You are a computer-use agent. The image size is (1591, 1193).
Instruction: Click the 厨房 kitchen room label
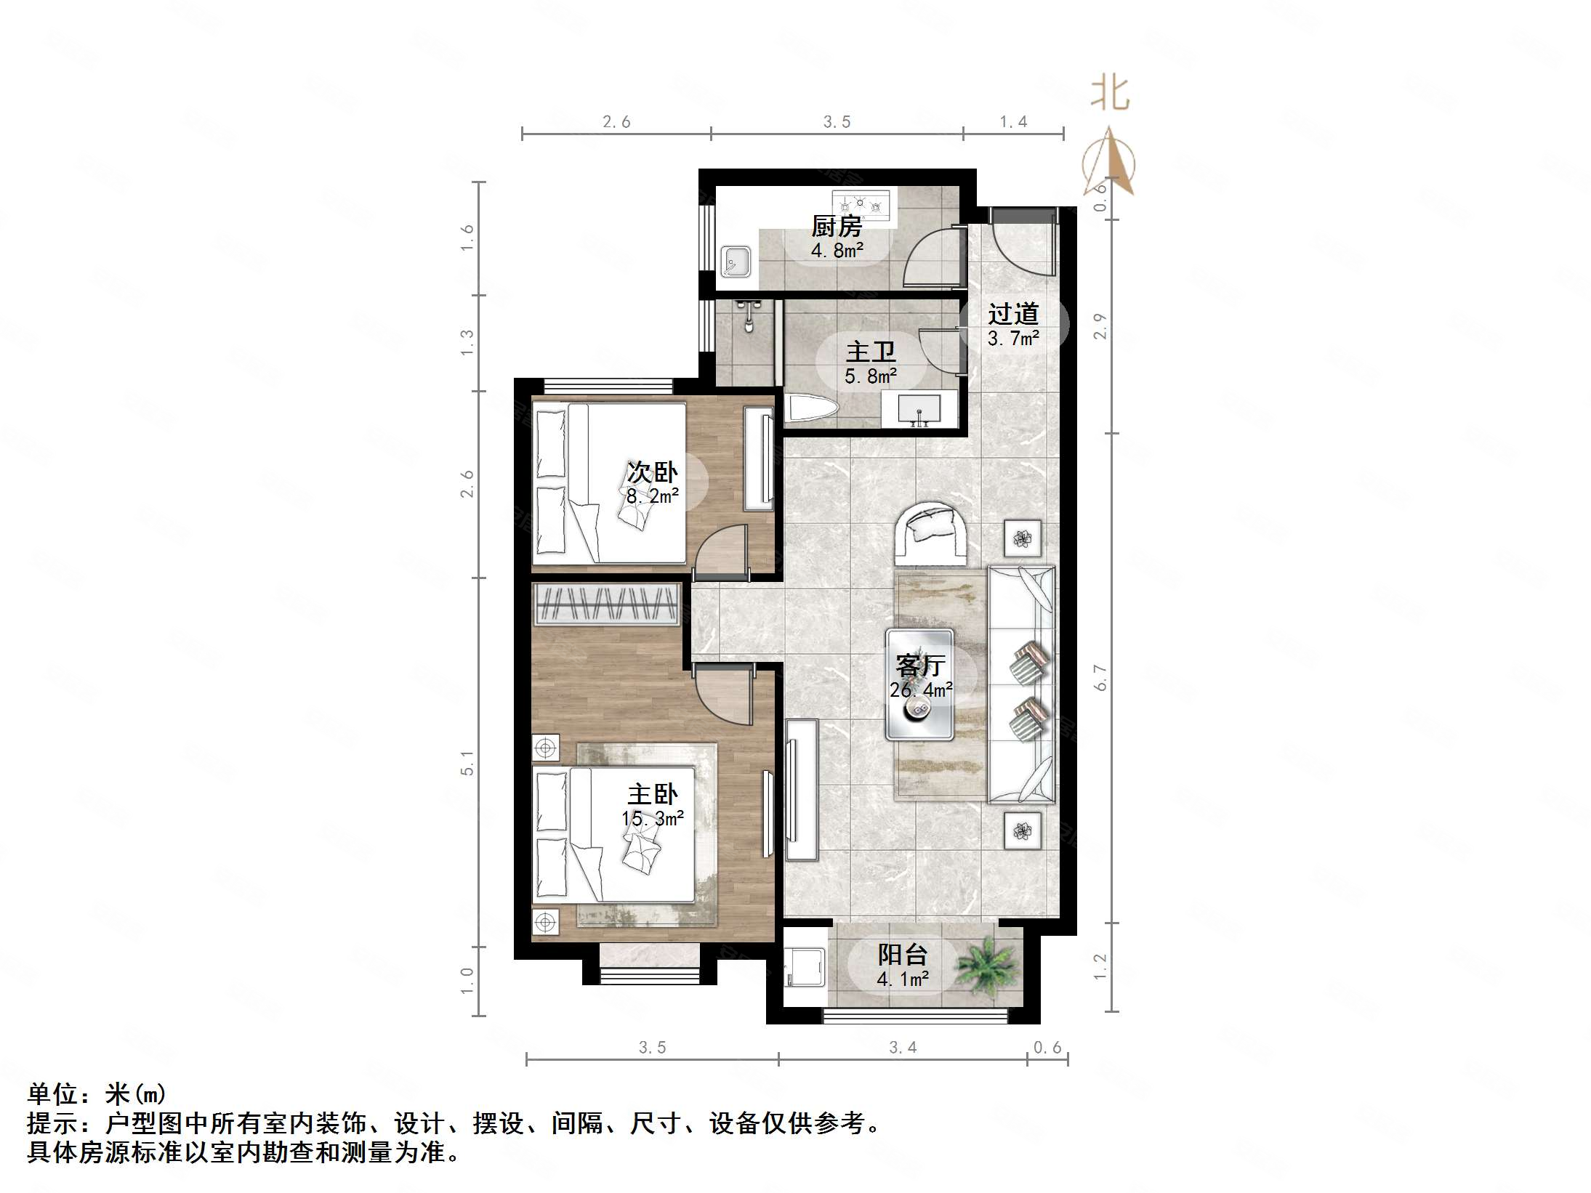tap(837, 227)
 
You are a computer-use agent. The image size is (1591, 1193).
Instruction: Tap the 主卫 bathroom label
tap(870, 352)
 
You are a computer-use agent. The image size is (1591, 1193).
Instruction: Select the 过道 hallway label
tap(1013, 314)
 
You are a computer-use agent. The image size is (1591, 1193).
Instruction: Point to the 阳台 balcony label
tap(903, 955)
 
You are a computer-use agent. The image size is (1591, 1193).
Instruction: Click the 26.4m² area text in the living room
tap(921, 689)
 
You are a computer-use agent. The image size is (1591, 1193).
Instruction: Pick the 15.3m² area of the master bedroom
tap(653, 819)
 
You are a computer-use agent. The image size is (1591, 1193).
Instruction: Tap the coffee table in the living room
tap(919, 684)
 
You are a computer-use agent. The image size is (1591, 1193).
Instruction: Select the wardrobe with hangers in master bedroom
tap(607, 604)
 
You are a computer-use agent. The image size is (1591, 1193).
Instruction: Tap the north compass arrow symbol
tap(1110, 161)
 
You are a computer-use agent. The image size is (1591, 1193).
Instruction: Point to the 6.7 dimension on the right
tap(1100, 677)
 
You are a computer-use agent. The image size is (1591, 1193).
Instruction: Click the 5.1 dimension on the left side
tap(467, 763)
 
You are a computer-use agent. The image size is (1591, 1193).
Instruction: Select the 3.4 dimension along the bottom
tap(903, 1047)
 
